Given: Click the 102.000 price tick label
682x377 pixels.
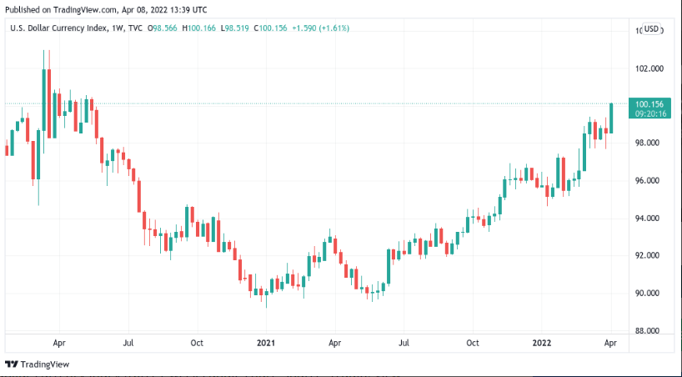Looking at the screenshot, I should (x=649, y=68).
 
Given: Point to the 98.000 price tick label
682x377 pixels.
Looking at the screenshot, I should (x=649, y=143).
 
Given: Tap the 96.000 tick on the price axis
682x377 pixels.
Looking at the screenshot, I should (x=649, y=181).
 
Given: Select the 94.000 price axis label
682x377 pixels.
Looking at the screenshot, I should (x=649, y=219).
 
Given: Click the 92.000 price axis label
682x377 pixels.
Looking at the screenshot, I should (x=649, y=256).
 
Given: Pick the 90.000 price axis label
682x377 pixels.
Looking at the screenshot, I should (x=649, y=294).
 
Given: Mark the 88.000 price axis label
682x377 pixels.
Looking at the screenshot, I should (x=649, y=331).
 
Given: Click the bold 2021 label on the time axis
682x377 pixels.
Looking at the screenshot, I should (x=265, y=343).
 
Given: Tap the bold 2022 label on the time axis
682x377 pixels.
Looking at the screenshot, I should (x=542, y=343).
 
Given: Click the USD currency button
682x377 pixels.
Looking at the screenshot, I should (x=651, y=29).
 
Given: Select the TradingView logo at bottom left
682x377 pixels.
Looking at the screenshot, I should (x=37, y=364).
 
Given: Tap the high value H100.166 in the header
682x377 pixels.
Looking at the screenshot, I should (x=201, y=28).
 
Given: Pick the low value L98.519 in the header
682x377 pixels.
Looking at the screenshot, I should (x=238, y=28).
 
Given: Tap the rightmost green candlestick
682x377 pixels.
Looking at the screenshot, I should (x=611, y=118).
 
